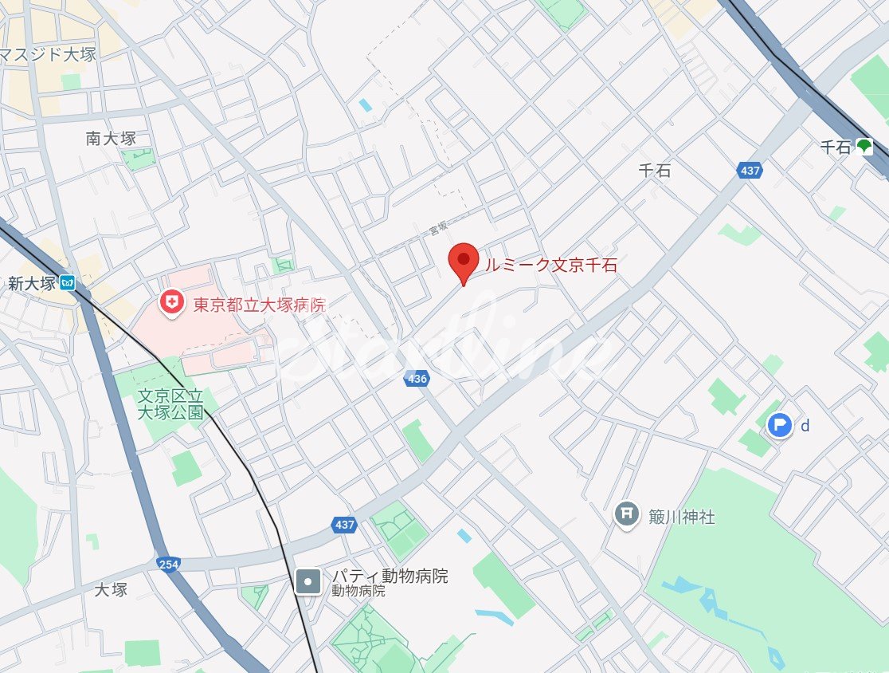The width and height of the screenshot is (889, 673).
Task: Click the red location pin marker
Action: pos(463,262)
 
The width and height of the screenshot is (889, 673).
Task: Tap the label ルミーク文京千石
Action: pos(551,266)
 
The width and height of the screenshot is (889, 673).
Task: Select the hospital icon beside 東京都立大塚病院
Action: pos(170,302)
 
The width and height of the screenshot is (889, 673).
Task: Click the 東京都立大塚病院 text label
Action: pos(260,305)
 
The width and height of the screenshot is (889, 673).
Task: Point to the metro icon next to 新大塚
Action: pos(69,282)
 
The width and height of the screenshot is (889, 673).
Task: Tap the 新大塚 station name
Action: pos(31,283)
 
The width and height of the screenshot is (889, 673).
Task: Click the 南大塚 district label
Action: pos(111,138)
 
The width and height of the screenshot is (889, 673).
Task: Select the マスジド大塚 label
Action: pos(48,56)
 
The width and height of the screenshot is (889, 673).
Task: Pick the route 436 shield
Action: pos(417,380)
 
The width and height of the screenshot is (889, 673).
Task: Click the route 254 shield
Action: pos(168,564)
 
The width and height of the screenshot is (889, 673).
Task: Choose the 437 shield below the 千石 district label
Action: pos(750,170)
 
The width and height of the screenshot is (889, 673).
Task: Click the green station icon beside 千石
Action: pos(864,147)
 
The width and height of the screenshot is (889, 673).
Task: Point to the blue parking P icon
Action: pos(780,425)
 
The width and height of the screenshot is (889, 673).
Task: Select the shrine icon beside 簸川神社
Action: pos(628,515)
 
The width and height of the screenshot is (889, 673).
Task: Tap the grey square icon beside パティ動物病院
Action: pos(307,581)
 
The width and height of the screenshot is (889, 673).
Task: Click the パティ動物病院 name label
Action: pos(390,576)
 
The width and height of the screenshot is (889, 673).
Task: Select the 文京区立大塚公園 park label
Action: pos(170,403)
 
